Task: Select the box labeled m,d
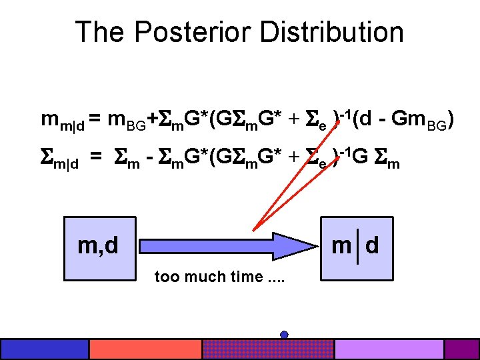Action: pyautogui.click(x=99, y=247)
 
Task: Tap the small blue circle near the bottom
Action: pyautogui.click(x=284, y=334)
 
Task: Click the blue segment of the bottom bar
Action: pyautogui.click(x=45, y=349)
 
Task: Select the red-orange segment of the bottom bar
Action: pyautogui.click(x=145, y=349)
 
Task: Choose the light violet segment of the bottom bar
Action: pyautogui.click(x=389, y=349)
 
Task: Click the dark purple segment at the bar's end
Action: pyautogui.click(x=461, y=349)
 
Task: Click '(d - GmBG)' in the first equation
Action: pyautogui.click(x=403, y=121)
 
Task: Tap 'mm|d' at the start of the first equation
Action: pyautogui.click(x=61, y=121)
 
